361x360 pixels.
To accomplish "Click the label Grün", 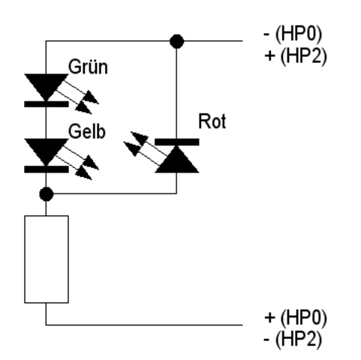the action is [88, 67].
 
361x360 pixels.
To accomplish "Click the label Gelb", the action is [86, 131].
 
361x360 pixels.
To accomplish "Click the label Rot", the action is [212, 121].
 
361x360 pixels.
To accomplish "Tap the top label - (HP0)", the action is [293, 34].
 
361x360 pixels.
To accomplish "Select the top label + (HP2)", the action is [296, 55].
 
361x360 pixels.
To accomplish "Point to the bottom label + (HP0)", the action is [296, 317].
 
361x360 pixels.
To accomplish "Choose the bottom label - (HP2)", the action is [293, 339].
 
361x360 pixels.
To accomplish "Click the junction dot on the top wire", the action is [176, 41].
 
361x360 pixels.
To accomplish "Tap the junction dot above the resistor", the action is [47, 193].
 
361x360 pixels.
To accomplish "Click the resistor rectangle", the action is [47, 259].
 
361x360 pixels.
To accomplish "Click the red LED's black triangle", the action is [177, 159].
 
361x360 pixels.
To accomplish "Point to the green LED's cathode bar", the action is [47, 104].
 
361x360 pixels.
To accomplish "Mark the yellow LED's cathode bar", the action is [47, 169].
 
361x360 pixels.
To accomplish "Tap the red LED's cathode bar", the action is [177, 142].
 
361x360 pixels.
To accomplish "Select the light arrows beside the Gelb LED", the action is [77, 163].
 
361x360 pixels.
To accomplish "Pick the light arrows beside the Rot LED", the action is [145, 148].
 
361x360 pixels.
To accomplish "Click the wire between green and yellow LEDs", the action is [46, 123].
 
